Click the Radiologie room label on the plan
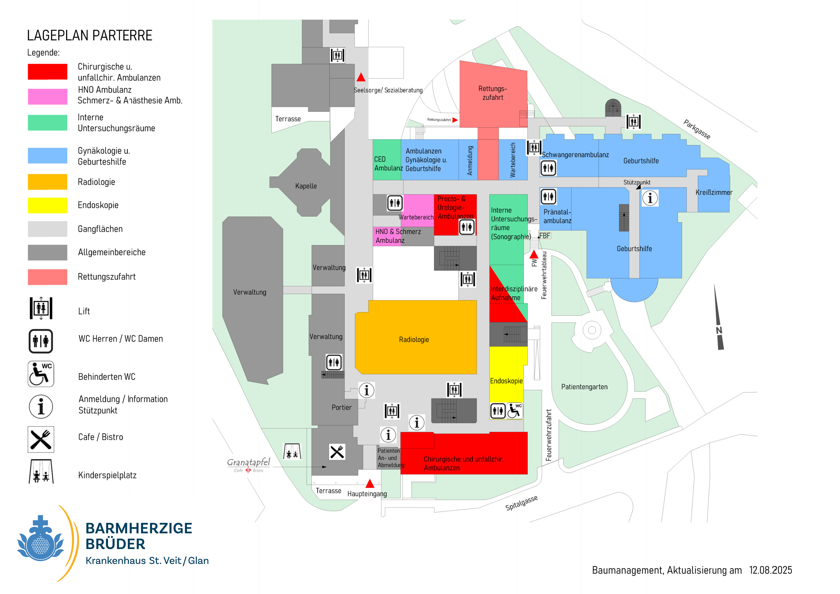point(414,340)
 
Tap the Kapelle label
point(306,186)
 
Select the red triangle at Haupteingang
point(370,484)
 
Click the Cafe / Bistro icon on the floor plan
point(337,452)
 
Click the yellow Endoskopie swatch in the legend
point(48,205)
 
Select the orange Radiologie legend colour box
point(48,182)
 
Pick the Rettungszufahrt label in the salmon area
point(493,93)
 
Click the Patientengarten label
point(584,387)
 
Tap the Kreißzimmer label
point(714,193)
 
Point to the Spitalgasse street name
point(521,503)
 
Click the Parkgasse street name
point(697,129)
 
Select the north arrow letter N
point(719,331)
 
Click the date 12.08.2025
point(771,570)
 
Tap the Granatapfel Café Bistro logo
point(248,465)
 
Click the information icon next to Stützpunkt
point(650,198)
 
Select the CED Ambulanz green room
point(387,160)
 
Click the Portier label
point(341,407)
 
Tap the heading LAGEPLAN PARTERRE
point(90,35)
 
